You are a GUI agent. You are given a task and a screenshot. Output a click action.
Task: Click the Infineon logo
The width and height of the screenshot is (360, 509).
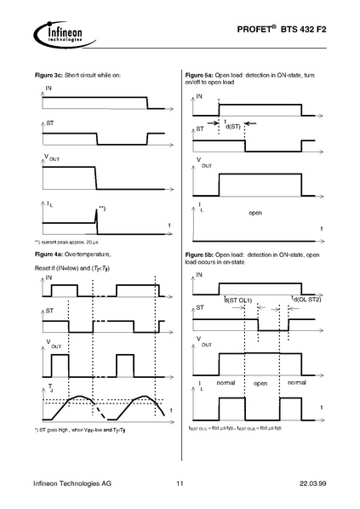click(57, 33)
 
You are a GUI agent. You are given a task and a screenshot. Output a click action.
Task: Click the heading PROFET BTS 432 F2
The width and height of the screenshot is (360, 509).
click(290, 29)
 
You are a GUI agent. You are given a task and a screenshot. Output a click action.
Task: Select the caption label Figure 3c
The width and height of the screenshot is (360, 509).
click(49, 76)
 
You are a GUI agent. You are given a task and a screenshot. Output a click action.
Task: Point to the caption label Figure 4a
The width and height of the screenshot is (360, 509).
click(49, 254)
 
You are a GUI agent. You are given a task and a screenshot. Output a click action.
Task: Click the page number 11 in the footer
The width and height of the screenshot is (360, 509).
click(180, 484)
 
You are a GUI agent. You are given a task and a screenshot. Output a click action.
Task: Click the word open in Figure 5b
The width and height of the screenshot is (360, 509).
click(260, 384)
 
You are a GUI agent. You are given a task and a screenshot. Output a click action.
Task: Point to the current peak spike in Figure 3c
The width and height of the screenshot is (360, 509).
click(96, 216)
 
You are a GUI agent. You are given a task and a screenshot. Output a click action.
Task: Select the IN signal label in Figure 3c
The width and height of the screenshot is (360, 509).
click(47, 88)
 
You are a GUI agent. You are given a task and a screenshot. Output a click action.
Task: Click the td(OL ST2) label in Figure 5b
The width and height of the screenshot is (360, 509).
click(306, 298)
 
